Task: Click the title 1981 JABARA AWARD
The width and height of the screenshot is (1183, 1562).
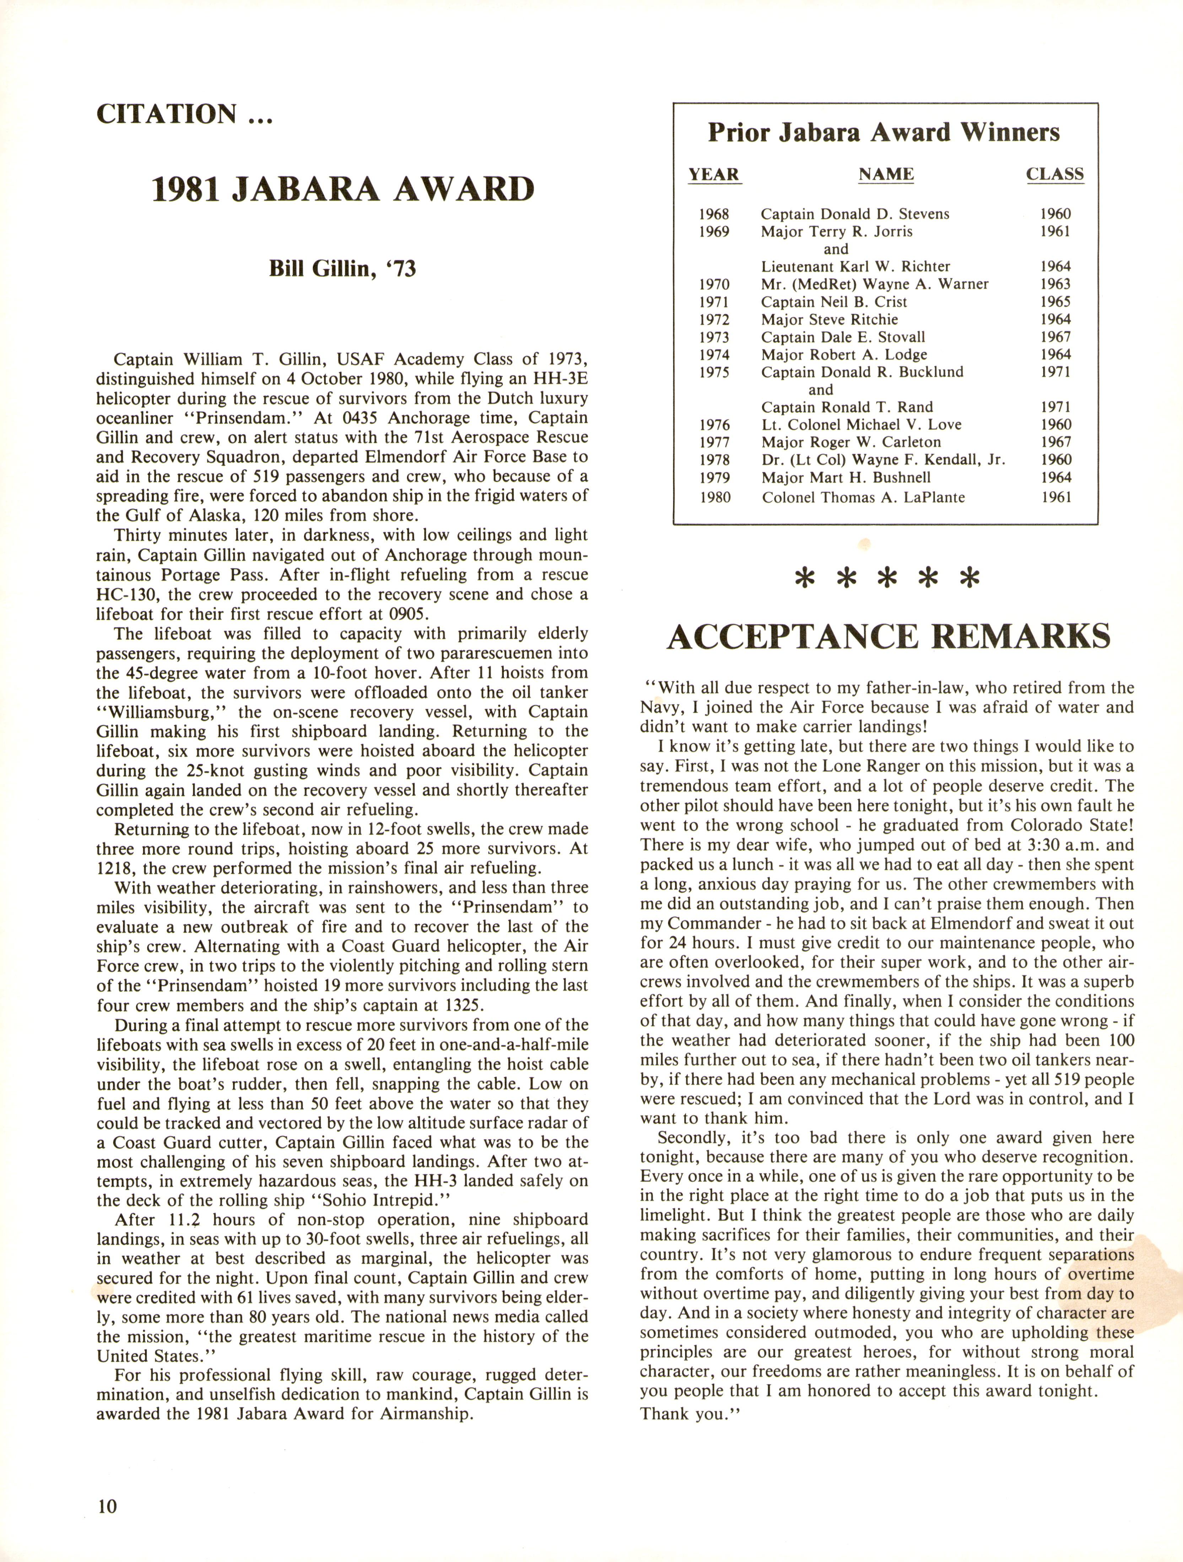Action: click(x=343, y=189)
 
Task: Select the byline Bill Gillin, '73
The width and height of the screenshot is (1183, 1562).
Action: click(x=342, y=269)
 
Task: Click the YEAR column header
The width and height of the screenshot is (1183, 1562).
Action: click(x=714, y=174)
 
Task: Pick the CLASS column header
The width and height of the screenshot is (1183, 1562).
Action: click(x=1054, y=174)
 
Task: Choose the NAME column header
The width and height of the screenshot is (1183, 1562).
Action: click(x=886, y=174)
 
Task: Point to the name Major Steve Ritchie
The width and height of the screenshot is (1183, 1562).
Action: click(x=829, y=319)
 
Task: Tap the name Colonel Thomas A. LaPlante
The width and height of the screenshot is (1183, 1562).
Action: click(x=863, y=497)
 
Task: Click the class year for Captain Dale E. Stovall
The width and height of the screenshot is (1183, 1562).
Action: click(x=1055, y=337)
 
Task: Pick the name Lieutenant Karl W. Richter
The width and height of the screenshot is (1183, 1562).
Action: click(x=855, y=266)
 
